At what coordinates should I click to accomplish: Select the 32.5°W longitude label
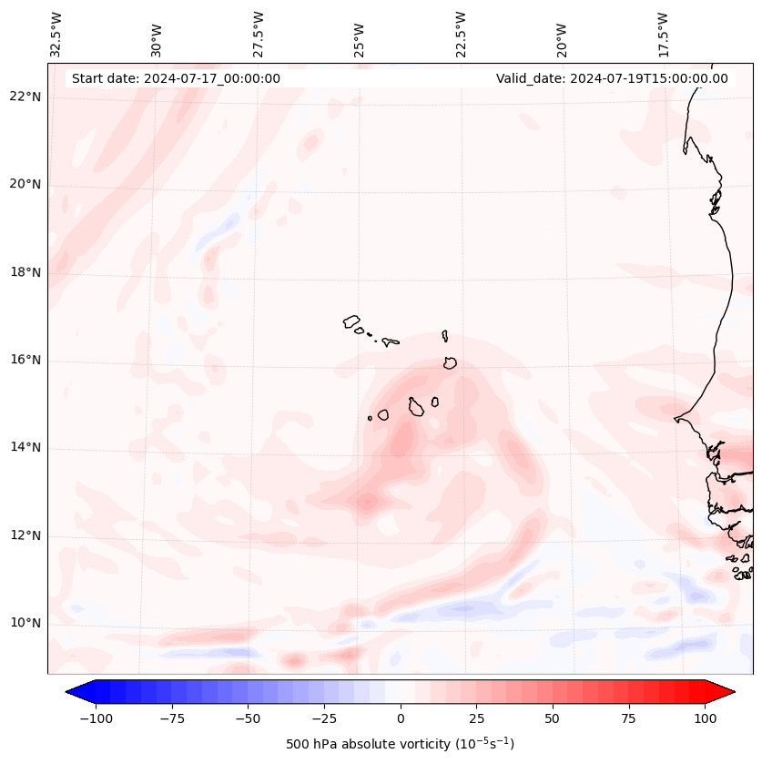coord(56,33)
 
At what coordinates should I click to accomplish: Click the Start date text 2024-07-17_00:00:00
coord(176,78)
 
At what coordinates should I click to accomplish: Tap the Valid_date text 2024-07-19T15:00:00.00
coord(612,78)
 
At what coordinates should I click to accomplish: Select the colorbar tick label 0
coord(401,718)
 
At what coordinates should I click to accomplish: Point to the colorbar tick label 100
coord(705,718)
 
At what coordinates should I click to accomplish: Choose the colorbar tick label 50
coord(553,718)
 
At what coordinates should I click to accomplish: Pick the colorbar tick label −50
coord(247,718)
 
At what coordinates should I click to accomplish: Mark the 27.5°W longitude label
coord(259,33)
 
